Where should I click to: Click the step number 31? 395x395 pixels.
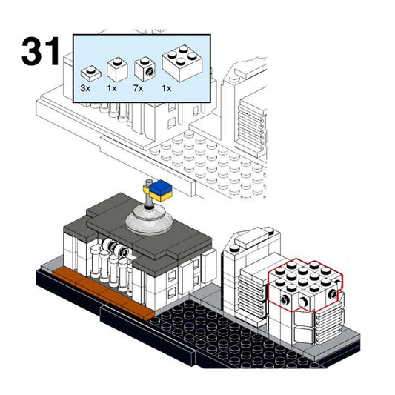pos(40,51)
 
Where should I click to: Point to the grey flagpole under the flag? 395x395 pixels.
pos(151,199)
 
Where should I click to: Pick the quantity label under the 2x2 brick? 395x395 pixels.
pos(167,88)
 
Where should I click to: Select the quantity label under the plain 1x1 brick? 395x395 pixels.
pos(113,88)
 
